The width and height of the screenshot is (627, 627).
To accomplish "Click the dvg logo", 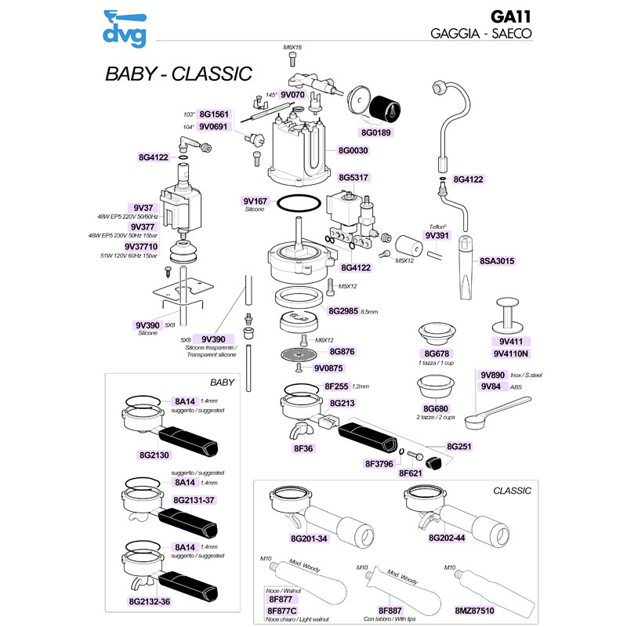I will coord(125,27).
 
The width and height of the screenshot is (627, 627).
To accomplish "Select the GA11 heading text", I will coord(510,16).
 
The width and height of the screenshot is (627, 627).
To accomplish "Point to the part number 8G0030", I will coord(355,150).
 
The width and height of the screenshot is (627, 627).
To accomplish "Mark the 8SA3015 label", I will coord(497,261).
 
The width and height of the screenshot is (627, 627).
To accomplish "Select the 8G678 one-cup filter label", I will coord(435,353).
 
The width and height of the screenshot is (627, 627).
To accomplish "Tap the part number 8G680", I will coord(435,408).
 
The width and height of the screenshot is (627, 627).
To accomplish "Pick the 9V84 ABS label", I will coord(491,386).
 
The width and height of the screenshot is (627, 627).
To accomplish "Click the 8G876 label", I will coord(342,352).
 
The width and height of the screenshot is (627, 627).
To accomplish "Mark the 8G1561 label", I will coord(213,114).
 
